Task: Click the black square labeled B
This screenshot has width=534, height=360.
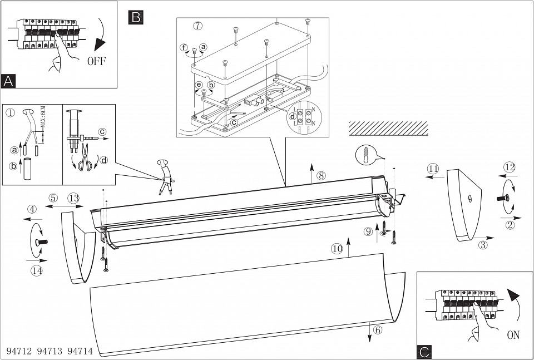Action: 135,17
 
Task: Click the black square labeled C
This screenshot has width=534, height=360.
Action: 424,351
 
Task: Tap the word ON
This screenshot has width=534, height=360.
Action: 513,336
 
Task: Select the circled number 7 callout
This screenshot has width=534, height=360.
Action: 198,26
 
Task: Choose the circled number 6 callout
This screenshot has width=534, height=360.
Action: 378,329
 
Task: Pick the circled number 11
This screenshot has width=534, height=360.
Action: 433,169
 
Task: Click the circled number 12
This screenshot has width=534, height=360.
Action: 510,167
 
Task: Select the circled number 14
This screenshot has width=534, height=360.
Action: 37,270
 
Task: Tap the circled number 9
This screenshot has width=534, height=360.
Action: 368,231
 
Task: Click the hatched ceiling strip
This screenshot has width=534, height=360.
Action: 388,128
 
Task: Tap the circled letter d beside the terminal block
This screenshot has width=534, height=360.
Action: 293,116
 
